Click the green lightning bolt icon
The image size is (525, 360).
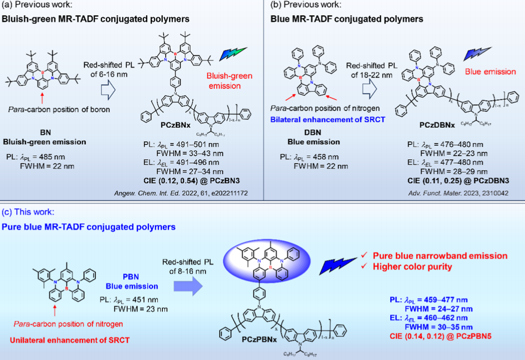(232, 53)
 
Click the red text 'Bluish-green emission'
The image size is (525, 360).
(224, 82)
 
